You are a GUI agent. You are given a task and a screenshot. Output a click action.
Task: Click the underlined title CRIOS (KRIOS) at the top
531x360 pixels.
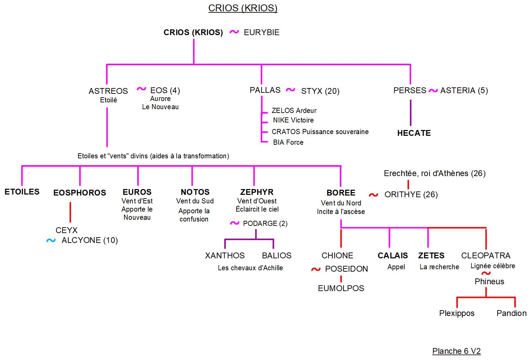[243, 8]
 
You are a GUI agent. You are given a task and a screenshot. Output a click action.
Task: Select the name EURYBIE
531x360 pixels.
[262, 32]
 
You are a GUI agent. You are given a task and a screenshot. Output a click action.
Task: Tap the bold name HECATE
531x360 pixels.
[414, 133]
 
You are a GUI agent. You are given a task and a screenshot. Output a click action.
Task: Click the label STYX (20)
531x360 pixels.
[320, 91]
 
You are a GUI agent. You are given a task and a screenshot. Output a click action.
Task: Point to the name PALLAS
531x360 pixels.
[265, 90]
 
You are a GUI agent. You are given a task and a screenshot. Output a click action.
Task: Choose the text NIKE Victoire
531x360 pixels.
[293, 120]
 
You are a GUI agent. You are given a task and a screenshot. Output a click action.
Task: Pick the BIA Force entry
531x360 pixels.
[288, 142]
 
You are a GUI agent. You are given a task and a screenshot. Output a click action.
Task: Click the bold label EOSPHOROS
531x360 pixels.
[80, 193]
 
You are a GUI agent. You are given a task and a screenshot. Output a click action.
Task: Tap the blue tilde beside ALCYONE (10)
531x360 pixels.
[51, 241]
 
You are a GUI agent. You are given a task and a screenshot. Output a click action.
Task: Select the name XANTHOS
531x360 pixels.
[225, 256]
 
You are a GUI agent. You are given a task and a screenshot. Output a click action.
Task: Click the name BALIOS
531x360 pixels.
[277, 256]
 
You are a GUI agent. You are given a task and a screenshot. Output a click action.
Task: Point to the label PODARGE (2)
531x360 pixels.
[265, 224]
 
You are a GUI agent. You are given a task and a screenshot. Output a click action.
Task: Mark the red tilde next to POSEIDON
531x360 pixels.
[316, 269]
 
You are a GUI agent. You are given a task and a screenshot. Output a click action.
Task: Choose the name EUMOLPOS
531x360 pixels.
[341, 288]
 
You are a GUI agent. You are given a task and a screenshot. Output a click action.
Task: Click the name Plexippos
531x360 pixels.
[457, 313]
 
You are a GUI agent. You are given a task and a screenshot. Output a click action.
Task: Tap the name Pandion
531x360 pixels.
[511, 313]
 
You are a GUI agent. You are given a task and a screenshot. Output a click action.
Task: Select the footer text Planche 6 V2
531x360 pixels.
[456, 351]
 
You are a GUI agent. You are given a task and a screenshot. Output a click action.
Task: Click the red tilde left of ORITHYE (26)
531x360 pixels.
[373, 195]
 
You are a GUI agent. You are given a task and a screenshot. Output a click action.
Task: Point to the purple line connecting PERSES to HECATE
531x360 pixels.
[410, 113]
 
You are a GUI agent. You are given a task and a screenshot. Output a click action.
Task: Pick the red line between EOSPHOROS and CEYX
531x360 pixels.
[70, 212]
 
